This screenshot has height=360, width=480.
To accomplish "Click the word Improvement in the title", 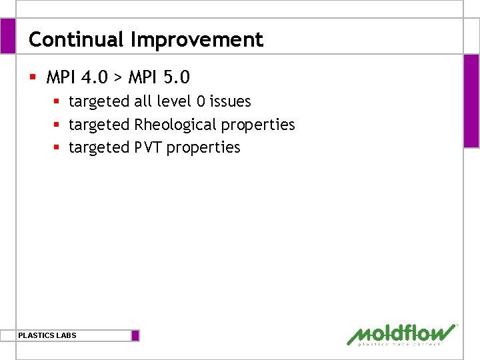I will (x=197, y=40).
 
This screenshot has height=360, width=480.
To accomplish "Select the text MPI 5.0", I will (x=159, y=77).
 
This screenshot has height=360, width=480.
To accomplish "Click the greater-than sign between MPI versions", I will (x=117, y=78).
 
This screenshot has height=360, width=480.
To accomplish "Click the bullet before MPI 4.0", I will (x=33, y=77).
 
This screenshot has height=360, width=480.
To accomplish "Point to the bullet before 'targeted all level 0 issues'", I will (x=57, y=101).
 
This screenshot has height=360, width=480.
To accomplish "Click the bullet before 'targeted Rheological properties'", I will (x=57, y=125).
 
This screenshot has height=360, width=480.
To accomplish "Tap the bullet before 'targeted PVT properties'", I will (x=57, y=147).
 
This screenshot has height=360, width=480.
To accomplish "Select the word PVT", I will (x=148, y=147).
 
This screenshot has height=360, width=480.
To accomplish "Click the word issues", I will (x=231, y=101).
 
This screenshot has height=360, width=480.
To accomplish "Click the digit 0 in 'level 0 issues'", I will (x=201, y=101).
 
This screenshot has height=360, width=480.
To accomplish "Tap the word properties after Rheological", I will (x=258, y=125).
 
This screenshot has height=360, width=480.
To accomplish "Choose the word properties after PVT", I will (x=203, y=147).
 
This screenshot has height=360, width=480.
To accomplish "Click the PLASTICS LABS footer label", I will (x=47, y=335).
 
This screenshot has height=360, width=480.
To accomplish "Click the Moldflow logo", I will (x=402, y=334).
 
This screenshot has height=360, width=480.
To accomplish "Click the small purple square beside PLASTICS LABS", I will (x=135, y=335).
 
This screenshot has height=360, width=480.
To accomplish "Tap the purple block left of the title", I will (x=7, y=36).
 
